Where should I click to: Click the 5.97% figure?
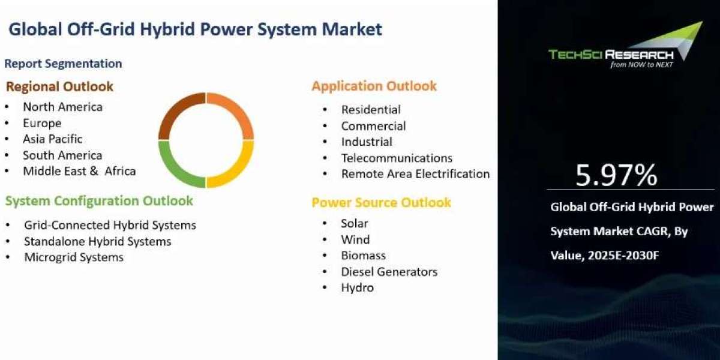616,175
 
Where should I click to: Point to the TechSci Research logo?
625,45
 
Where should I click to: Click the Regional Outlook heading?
59,86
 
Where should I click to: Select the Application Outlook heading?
374,86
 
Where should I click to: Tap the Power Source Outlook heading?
381,203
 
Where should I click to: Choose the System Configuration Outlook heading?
99,201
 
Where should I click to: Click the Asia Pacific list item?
53,139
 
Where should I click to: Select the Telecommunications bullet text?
397,158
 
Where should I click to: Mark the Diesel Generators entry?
389,272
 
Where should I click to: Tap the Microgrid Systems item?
74,257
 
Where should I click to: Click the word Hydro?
358,287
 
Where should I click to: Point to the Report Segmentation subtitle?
63,64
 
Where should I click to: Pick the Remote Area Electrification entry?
415,174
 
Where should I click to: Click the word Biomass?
363,256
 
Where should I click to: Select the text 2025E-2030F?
623,256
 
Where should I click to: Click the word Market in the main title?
352,29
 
